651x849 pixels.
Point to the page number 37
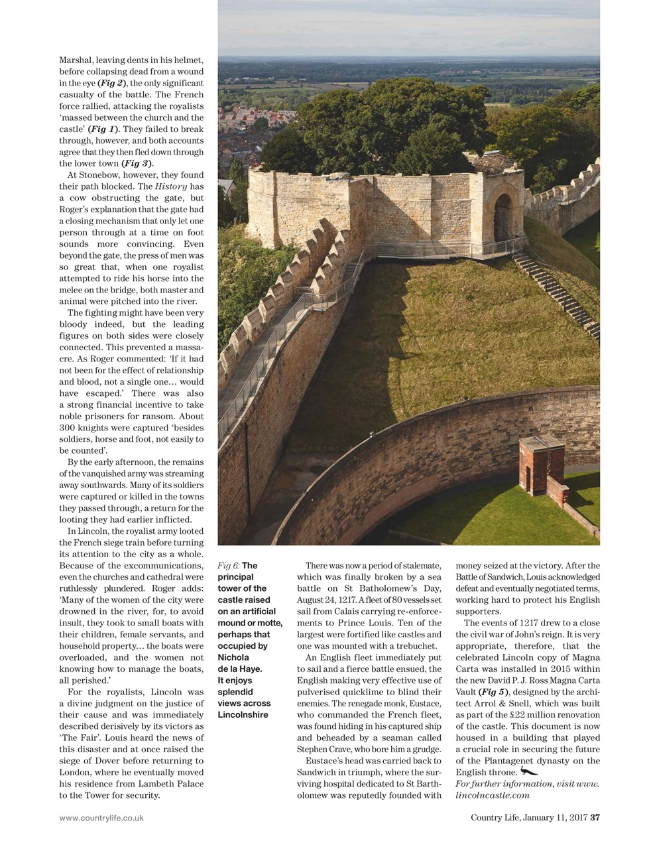tap(595, 817)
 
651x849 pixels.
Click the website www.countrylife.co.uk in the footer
tap(101, 818)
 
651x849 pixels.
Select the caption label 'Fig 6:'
tap(228, 566)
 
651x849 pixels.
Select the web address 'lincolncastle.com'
tap(493, 795)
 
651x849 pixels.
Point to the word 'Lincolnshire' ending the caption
tap(243, 714)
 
